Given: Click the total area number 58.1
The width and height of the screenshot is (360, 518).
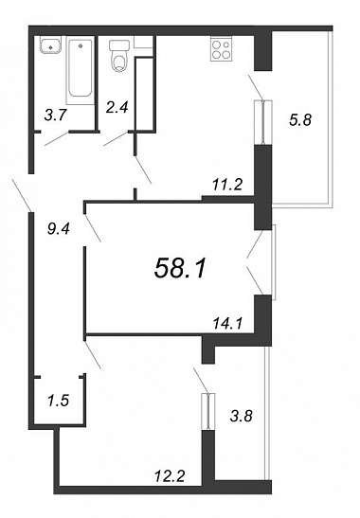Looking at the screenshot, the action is [180, 268].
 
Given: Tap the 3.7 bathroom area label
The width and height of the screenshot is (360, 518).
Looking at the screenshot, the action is [56, 116].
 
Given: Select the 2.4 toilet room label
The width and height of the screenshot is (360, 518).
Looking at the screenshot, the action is [117, 107].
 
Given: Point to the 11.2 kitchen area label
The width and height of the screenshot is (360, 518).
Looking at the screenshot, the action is [227, 185].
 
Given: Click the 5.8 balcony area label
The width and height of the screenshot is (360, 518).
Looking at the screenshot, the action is [300, 119].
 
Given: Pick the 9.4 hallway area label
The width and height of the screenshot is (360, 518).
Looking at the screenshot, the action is [59, 228].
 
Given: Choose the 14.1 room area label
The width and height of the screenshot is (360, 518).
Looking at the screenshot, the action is [227, 324].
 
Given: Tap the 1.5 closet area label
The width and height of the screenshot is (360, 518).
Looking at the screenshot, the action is [58, 401].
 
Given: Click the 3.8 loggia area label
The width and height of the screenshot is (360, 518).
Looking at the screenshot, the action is [242, 416].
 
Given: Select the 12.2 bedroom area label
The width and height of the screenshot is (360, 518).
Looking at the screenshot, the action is [170, 476].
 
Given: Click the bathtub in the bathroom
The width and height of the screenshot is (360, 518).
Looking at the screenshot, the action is [80, 70].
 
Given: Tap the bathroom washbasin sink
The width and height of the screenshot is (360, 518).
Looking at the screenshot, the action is [51, 45].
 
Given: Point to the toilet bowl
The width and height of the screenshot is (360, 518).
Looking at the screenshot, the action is [119, 63].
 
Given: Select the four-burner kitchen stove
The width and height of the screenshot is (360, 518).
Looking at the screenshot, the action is [221, 49].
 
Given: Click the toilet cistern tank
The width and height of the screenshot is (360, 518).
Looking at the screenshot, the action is [118, 45].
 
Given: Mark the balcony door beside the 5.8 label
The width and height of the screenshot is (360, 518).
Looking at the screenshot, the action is [263, 122].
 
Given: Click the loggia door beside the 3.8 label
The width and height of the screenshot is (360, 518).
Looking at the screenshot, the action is [208, 412].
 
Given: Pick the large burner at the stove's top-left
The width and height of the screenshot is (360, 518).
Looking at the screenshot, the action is [217, 45].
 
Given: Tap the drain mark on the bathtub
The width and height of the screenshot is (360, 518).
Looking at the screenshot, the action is [81, 45].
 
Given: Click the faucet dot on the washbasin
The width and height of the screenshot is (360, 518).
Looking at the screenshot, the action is [50, 47].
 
